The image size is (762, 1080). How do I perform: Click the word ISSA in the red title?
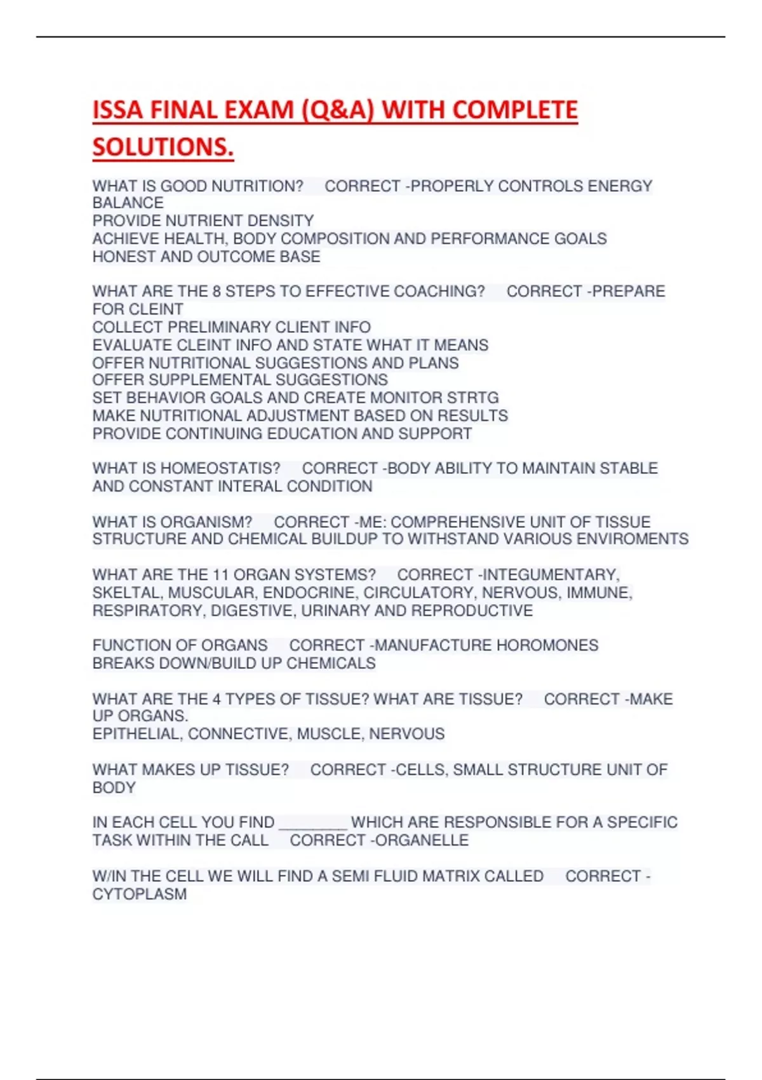click(x=117, y=111)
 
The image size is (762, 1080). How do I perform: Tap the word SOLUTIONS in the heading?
click(x=162, y=147)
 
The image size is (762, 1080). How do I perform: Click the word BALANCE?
click(x=128, y=203)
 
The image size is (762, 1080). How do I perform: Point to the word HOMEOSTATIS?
click(x=220, y=469)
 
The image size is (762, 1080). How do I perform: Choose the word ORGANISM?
click(x=206, y=522)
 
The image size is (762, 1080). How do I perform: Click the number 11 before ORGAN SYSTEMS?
click(x=220, y=575)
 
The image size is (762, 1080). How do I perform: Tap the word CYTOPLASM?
click(x=140, y=894)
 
